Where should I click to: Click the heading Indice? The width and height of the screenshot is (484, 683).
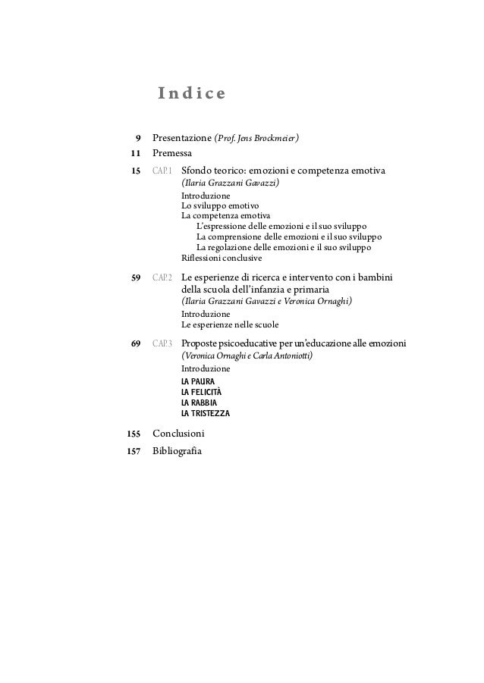coord(191,94)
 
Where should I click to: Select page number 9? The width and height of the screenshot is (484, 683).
coord(137,139)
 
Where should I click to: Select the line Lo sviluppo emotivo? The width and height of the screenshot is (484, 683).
coord(220,205)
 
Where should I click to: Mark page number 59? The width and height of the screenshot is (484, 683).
coord(136,277)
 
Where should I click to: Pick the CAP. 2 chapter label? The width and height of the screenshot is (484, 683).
coord(162,277)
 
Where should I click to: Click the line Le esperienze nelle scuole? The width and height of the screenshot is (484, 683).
coord(230,324)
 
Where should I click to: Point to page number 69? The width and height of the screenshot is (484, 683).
coord(136,344)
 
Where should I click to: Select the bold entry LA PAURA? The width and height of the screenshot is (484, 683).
coord(198,381)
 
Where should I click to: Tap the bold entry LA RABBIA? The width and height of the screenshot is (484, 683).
coord(199,403)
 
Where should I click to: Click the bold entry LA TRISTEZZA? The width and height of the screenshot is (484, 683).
coord(205,414)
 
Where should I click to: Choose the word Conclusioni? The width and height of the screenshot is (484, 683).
coord(178,434)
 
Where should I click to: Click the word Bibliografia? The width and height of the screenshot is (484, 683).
coord(178,452)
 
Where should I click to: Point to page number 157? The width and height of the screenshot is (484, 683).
coord(134,452)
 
